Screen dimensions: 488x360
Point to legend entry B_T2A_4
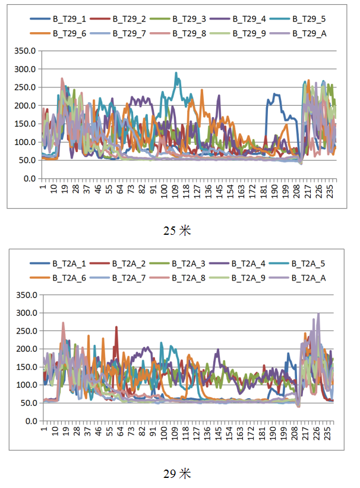coord(248,263)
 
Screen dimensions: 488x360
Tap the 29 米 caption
coord(177,474)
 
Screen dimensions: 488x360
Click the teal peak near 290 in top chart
coord(176,73)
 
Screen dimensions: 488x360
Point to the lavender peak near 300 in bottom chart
coord(318,314)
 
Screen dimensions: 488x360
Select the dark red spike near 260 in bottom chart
coord(116,327)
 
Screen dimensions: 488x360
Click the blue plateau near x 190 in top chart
coord(276,95)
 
